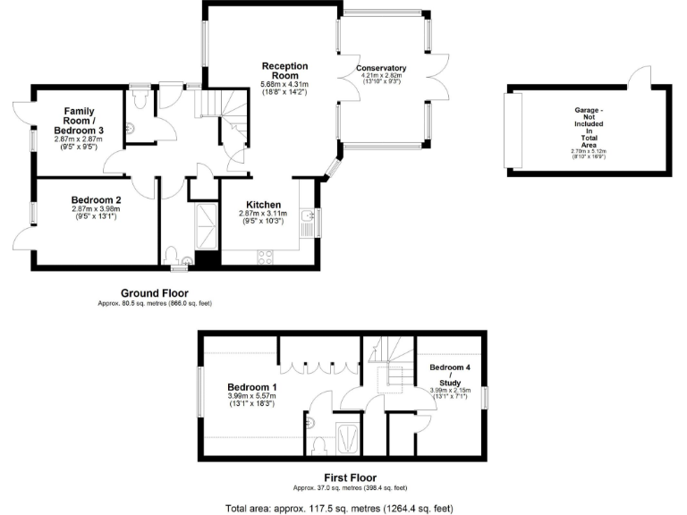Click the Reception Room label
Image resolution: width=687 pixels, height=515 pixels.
point(284,71)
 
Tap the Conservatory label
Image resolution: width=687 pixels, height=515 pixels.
point(381,68)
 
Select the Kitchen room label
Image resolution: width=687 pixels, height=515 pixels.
point(259,205)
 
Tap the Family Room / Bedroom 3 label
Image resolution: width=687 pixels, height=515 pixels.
point(78,121)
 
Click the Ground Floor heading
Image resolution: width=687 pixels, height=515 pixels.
point(154,292)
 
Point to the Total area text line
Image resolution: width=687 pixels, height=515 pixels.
point(344,506)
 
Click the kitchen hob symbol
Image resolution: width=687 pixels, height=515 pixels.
point(265,256)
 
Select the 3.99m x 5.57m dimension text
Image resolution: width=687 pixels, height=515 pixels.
point(251,396)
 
